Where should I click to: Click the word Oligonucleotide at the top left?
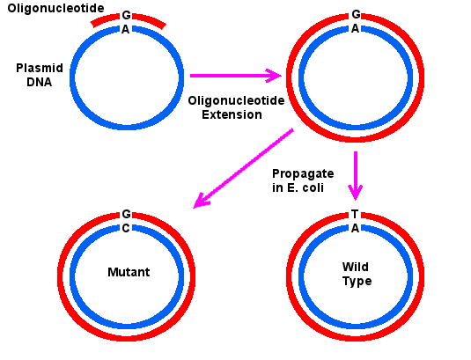coord(55,9)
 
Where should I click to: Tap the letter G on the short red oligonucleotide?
coord(127,15)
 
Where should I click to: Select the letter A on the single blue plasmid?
coord(126,29)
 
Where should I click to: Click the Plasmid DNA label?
coord(40,75)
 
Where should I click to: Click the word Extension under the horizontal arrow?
coord(232,114)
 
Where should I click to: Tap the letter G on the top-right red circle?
coord(356,14)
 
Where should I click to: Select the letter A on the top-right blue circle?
coord(356,28)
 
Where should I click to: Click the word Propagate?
coord(303,174)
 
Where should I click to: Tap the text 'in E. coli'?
coord(298,187)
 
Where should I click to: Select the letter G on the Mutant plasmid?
coord(127,214)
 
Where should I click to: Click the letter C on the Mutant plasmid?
coord(126,228)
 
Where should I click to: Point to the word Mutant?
coord(129,272)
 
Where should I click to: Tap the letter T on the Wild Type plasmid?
coord(355,214)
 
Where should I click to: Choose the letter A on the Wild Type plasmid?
coord(356,228)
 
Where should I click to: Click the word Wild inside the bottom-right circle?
coord(356,267)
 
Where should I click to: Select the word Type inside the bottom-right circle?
coord(357,282)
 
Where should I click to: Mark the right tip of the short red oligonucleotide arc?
coord(164,26)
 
